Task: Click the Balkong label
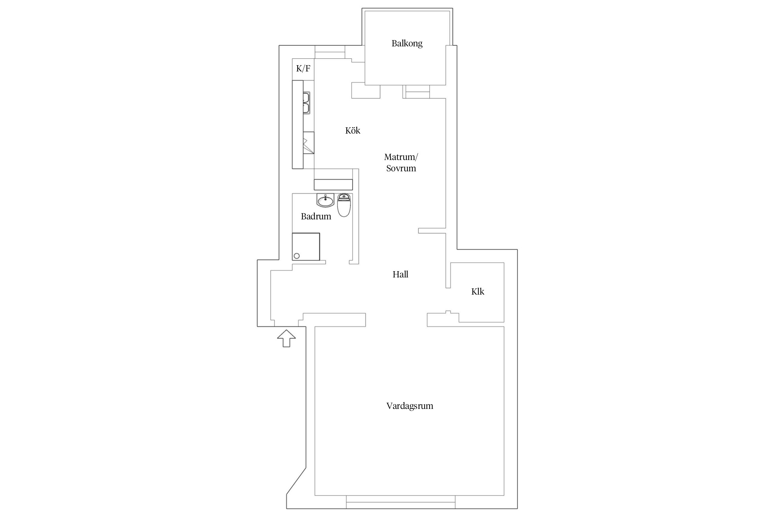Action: (407, 44)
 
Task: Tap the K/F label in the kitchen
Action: (303, 69)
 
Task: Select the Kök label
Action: (353, 130)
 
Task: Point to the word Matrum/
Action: (401, 157)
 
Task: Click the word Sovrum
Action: (401, 168)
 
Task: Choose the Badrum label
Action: (316, 216)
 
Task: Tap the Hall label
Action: (401, 274)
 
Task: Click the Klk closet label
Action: (478, 291)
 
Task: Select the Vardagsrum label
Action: (410, 406)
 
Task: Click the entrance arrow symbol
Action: (287, 338)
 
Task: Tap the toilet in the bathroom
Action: (344, 205)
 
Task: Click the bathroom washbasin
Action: (325, 200)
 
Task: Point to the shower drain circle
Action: (297, 256)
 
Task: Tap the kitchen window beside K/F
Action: (330, 52)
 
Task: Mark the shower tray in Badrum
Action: (306, 247)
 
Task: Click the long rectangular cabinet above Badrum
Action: (333, 184)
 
